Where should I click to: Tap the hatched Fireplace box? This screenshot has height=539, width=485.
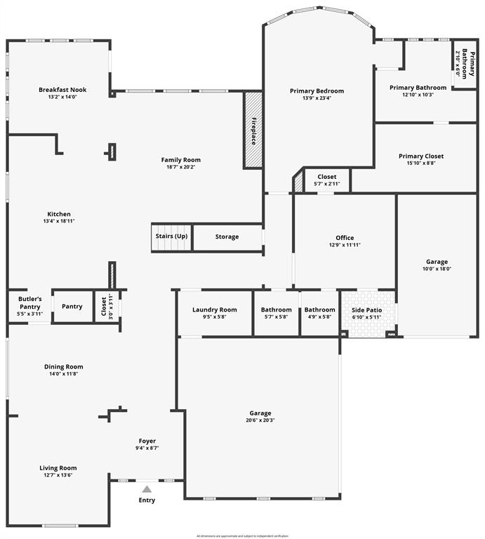tap(253, 130)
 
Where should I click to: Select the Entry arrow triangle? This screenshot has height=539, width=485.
tap(147, 489)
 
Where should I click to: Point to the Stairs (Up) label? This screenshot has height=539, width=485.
tap(171, 237)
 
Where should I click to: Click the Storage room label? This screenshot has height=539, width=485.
tap(227, 237)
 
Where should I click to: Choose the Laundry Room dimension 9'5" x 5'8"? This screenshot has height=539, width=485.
tap(214, 317)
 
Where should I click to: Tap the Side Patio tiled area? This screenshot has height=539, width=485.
tap(367, 313)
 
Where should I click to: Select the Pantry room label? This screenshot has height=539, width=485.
tap(72, 307)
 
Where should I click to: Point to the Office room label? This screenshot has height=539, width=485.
tap(344, 237)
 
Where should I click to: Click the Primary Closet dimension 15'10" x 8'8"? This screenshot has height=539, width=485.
tap(421, 164)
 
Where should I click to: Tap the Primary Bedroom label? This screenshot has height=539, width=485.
tap(317, 91)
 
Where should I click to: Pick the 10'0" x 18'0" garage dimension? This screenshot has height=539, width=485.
tap(437, 269)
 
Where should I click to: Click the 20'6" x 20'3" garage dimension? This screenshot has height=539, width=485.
tap(260, 421)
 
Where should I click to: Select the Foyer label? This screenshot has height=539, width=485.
tap(147, 441)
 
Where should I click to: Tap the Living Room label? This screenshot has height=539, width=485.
tap(58, 468)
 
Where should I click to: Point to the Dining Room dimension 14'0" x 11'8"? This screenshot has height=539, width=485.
tap(63, 374)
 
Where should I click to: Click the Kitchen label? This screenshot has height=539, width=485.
tap(59, 214)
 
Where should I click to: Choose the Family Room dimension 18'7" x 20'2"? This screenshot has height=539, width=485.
tap(181, 167)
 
